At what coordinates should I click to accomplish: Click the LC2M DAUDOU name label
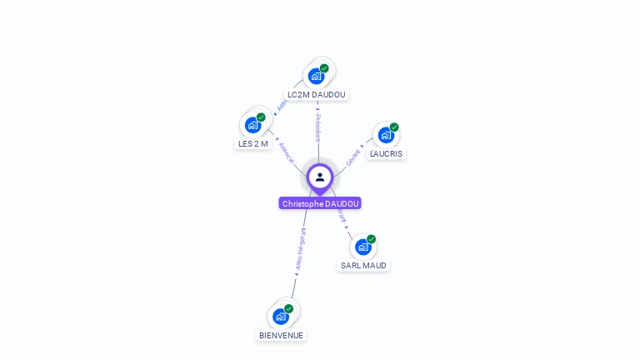pyautogui.click(x=317, y=95)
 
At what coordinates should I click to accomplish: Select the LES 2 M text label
pyautogui.click(x=253, y=143)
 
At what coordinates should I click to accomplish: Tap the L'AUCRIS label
pyautogui.click(x=386, y=153)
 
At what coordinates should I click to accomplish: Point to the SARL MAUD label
pyautogui.click(x=363, y=266)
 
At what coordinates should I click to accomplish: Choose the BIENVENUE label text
pyautogui.click(x=281, y=335)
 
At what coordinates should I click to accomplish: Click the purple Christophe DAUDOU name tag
pyautogui.click(x=320, y=203)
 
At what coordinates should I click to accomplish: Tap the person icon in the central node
pyautogui.click(x=320, y=177)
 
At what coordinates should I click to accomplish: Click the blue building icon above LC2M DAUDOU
pyautogui.click(x=316, y=77)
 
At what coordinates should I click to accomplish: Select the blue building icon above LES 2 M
pyautogui.click(x=252, y=126)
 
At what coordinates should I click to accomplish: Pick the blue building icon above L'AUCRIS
pyautogui.click(x=385, y=135)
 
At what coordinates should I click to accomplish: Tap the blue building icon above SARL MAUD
pyautogui.click(x=362, y=247)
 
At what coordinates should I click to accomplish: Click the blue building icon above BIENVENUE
pyautogui.click(x=280, y=317)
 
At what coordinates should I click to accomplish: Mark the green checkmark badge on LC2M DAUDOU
pyautogui.click(x=324, y=68)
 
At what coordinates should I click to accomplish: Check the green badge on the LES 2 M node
pyautogui.click(x=261, y=117)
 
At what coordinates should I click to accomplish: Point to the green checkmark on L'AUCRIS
pyautogui.click(x=394, y=127)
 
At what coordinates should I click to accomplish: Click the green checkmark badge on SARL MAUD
pyautogui.click(x=372, y=239)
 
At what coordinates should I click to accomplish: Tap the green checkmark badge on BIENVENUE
pyautogui.click(x=289, y=308)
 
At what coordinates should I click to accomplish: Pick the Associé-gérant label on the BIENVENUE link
pyautogui.click(x=300, y=250)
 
